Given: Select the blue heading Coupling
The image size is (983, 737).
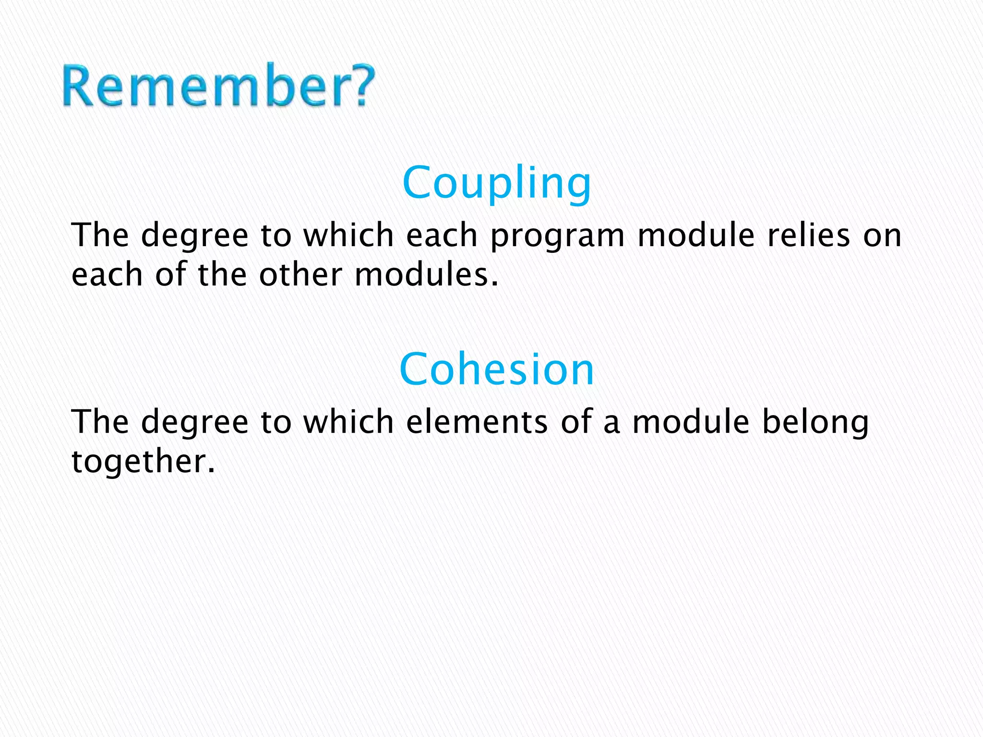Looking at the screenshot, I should pyautogui.click(x=497, y=183).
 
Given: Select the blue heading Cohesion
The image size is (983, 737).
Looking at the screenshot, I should pyautogui.click(x=497, y=369).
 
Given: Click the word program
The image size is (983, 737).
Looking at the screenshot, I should pyautogui.click(x=557, y=237).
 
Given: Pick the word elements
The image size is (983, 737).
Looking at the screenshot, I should pyautogui.click(x=477, y=422).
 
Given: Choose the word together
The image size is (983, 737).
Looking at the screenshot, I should pyautogui.click(x=143, y=462).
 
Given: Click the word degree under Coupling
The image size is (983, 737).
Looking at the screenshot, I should pyautogui.click(x=195, y=237).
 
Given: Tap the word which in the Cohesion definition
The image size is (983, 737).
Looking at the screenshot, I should pyautogui.click(x=348, y=422).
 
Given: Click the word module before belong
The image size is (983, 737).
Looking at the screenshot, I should pyautogui.click(x=690, y=422).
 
